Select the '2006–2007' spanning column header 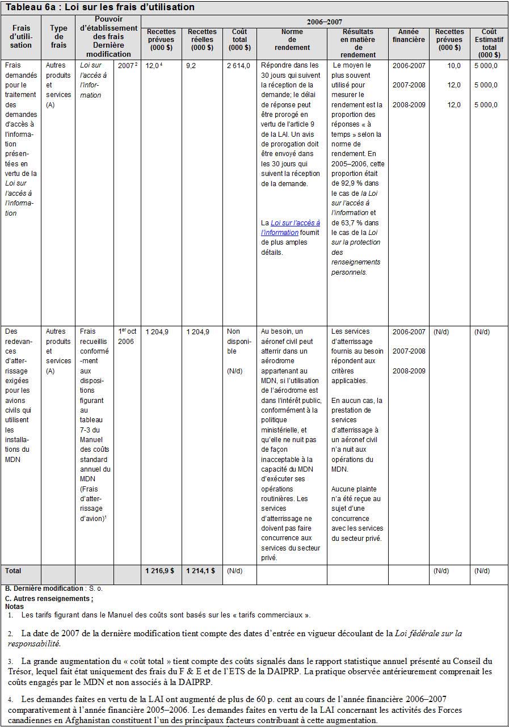[x=324, y=22]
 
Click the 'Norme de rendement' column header [x=292, y=40]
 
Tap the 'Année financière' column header [x=408, y=36]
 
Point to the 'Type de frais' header [x=58, y=36]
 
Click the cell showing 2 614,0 [x=238, y=65]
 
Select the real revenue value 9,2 [x=192, y=65]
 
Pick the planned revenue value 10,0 [x=454, y=65]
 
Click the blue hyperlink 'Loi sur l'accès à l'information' [x=291, y=228]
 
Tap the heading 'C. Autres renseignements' [x=49, y=599]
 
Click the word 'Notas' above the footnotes [x=14, y=606]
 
